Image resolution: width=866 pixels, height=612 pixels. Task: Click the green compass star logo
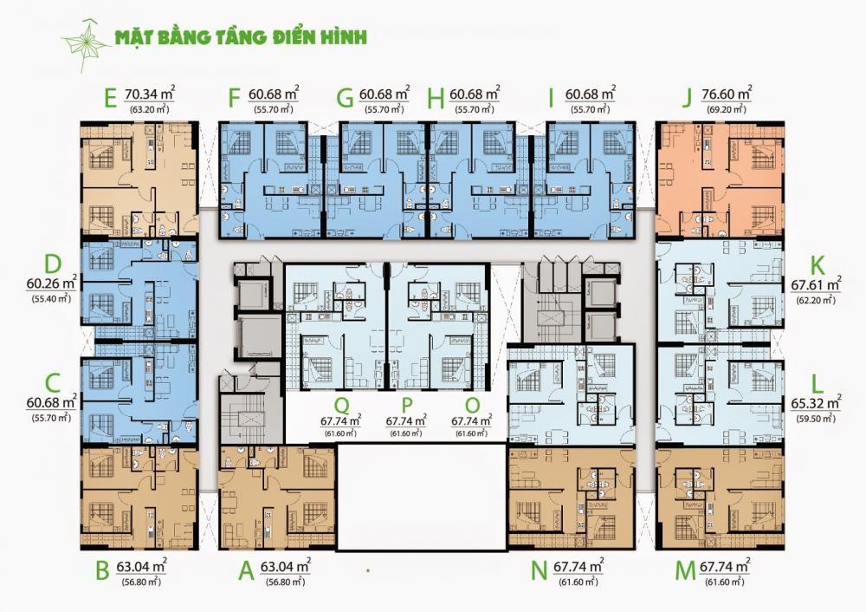click(x=86, y=44)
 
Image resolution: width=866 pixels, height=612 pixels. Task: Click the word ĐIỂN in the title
click(x=295, y=36)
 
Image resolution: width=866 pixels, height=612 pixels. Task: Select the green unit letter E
click(x=109, y=99)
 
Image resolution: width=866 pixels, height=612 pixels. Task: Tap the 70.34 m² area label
click(x=150, y=94)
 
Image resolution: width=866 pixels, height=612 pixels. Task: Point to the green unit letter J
click(x=687, y=99)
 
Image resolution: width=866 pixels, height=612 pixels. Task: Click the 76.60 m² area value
click(x=727, y=94)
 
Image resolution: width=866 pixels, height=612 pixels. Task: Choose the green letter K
click(x=816, y=267)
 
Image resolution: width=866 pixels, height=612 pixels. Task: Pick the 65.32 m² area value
click(x=816, y=403)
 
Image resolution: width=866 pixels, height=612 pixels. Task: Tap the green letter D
click(x=53, y=264)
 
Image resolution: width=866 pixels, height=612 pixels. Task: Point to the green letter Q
click(x=342, y=407)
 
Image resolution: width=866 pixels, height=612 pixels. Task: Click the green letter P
click(x=407, y=406)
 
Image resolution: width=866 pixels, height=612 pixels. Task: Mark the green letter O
click(x=472, y=406)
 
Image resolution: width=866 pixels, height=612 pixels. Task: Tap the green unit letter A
click(x=246, y=571)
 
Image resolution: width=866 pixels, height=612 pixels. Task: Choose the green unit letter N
click(x=539, y=571)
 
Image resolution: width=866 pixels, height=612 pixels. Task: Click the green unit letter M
click(x=685, y=571)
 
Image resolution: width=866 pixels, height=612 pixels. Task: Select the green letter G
click(x=346, y=99)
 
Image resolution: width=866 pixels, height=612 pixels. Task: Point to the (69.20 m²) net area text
click(x=727, y=109)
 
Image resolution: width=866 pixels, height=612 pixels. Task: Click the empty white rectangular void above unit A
click(x=422, y=497)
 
